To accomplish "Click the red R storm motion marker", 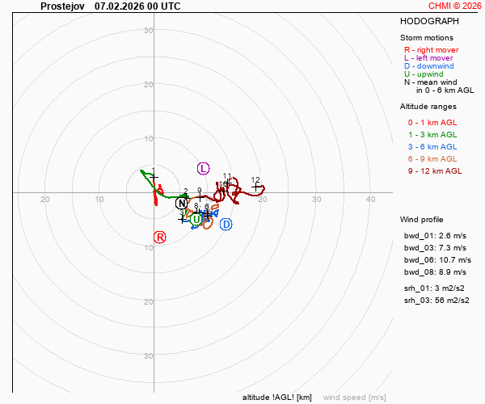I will (x=159, y=237).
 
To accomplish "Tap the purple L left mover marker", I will (x=203, y=168).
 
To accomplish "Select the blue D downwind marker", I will (x=226, y=224).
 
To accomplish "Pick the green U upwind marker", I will (x=196, y=220).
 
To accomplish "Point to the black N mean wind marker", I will (x=182, y=203).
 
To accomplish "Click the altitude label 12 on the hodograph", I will (x=255, y=180).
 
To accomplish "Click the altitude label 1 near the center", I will (x=154, y=171).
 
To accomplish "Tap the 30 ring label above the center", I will (x=149, y=31).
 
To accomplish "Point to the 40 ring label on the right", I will (x=370, y=200).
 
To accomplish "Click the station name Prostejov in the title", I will (x=62, y=6).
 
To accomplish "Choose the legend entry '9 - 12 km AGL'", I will (x=435, y=170).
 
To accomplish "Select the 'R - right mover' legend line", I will (x=432, y=50).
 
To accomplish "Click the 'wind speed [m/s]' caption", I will (x=354, y=398).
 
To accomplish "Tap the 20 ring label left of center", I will (x=45, y=200).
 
